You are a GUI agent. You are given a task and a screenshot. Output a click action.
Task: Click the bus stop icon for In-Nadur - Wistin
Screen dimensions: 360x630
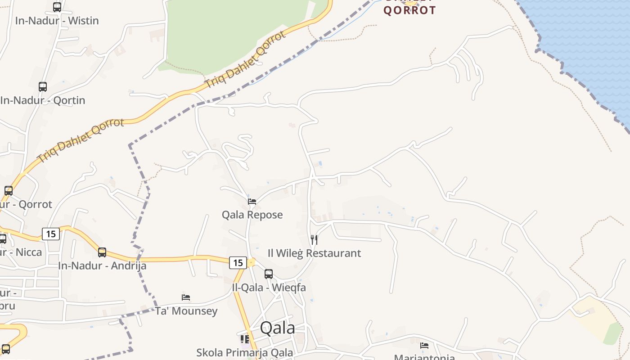57,7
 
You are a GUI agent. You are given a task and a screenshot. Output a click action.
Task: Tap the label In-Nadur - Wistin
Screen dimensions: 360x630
57,21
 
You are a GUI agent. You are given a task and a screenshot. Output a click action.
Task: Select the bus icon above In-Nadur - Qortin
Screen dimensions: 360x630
43,87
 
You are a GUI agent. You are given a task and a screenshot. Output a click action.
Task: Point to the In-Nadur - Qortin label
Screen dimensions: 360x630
43,100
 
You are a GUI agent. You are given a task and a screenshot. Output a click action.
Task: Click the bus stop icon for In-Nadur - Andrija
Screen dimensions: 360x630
102,252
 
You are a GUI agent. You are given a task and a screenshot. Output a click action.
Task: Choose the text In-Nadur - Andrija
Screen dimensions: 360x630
102,265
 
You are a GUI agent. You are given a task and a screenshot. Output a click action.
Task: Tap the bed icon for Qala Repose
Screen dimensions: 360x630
252,202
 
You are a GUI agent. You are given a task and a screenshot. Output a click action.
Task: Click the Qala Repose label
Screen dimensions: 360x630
252,215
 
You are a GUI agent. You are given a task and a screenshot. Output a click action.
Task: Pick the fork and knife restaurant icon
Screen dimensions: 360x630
315,240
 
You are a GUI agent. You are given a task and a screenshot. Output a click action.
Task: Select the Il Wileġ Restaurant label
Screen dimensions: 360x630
314,253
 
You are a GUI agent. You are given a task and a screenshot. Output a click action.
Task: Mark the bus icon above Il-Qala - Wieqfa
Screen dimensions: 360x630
269,274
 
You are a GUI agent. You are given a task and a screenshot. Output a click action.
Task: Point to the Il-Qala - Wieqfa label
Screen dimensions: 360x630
269,288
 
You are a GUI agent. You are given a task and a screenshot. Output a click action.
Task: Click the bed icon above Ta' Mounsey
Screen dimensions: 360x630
186,297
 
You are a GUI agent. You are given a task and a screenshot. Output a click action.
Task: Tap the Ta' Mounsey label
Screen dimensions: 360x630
186,311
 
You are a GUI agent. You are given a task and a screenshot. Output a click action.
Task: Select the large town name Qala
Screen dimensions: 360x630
278,328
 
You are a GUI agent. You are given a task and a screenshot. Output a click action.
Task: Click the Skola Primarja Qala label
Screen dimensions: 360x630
244,353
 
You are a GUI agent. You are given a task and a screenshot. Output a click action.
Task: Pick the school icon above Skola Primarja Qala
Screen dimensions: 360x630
245,339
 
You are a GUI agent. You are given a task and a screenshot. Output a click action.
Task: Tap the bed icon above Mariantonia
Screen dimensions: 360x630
424,346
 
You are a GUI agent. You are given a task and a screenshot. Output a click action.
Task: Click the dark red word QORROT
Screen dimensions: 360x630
409,10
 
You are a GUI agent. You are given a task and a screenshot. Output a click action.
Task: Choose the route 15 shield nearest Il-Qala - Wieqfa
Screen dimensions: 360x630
238,263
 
